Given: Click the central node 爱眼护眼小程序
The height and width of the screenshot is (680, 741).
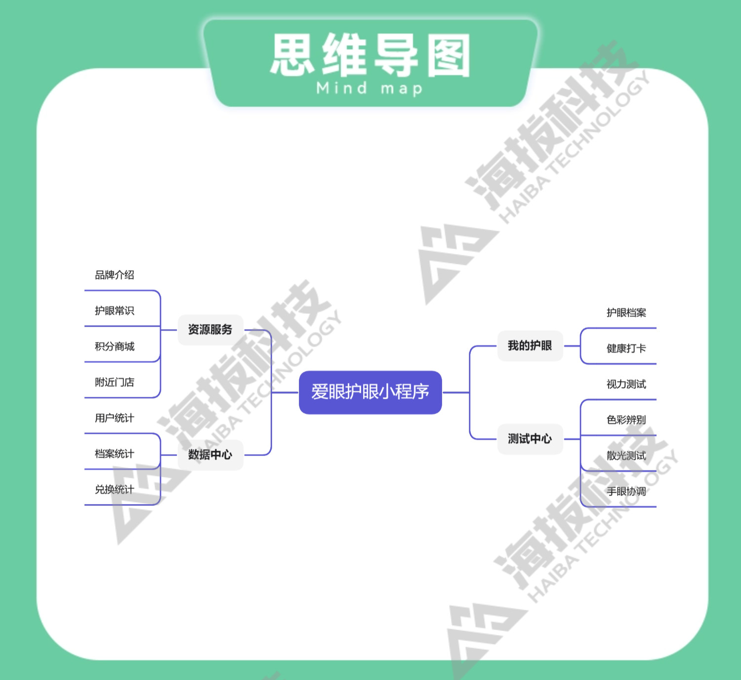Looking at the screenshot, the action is coord(370,392).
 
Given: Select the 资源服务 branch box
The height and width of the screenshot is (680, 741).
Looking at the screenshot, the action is coord(210,330).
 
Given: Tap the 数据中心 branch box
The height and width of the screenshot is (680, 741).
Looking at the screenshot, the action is coord(210,455).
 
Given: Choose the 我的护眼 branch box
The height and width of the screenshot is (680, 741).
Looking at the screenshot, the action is coord(530,346).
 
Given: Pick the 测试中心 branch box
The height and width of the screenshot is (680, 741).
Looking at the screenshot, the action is coord(530,439).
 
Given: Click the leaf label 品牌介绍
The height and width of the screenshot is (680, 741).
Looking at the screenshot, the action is coord(115,275).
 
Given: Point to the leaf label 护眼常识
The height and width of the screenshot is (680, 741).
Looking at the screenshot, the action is coord(115,311).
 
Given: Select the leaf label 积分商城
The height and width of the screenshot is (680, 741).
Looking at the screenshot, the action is coord(115,346).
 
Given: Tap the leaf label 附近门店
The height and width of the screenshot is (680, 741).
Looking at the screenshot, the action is coord(115,382).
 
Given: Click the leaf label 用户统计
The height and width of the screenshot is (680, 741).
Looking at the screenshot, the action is coord(115,418).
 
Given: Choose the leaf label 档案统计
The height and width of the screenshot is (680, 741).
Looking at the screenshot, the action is coord(115,454).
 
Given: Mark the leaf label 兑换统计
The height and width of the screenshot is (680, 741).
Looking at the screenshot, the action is coord(115,490).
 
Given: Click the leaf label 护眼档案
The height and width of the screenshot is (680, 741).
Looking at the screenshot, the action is coord(626,313).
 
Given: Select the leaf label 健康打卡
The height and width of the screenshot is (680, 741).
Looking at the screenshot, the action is coord(626,348).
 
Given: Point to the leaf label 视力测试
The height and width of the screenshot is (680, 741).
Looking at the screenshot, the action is coord(626,384).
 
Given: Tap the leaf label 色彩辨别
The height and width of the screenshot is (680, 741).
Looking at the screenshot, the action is coord(626,420).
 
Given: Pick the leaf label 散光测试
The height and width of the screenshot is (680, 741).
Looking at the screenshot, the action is coord(626,456).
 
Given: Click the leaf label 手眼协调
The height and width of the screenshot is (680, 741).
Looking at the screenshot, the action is coord(626,492).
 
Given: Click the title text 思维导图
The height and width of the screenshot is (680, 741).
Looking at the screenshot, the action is coord(370,55).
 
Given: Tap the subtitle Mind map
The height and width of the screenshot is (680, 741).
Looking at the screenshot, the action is coord(370,88).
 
